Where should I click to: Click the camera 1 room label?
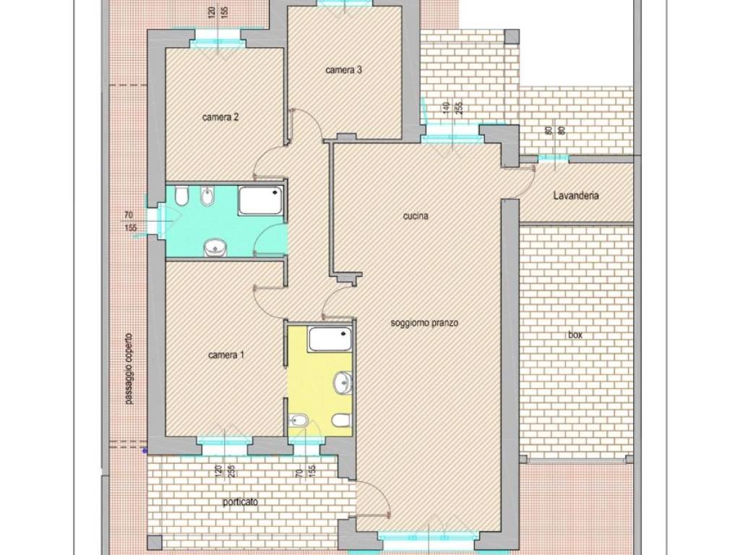coord(226,354)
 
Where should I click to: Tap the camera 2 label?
coord(220,117)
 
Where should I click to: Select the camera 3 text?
coord(343,70)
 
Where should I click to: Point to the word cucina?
coord(416,216)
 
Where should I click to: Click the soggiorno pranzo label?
coord(425,323)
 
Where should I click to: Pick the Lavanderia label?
coord(576,195)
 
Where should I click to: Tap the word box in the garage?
coord(575,335)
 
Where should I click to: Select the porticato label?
coord(240,502)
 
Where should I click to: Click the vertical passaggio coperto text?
coord(129,369)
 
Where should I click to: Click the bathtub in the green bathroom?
coord(261,200)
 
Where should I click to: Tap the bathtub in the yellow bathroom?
coord(330,340)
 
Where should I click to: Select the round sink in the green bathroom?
coord(215,248)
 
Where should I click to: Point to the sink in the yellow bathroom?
coord(343,383)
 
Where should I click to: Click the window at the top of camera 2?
coord(218,43)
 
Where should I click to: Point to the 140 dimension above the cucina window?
coord(445,108)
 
